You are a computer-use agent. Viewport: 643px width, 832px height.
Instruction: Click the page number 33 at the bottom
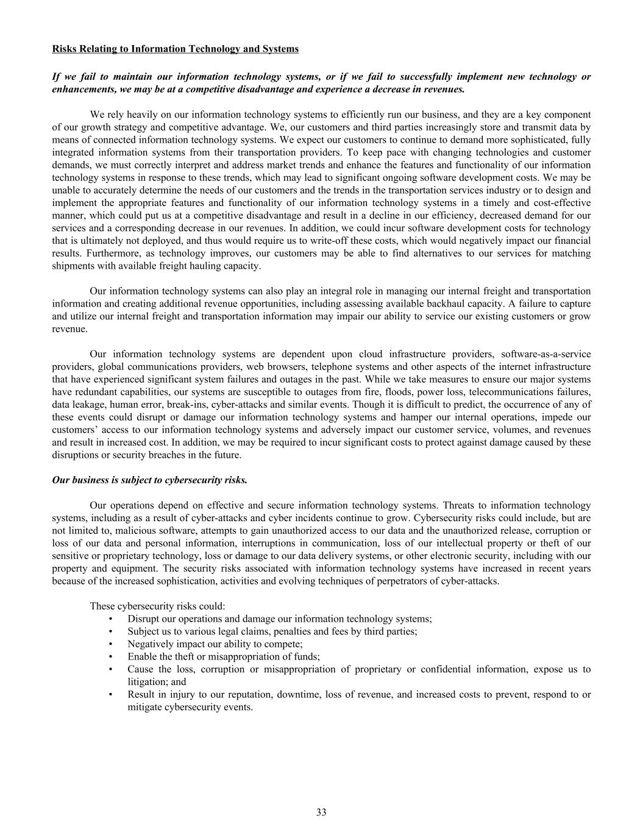click(x=321, y=812)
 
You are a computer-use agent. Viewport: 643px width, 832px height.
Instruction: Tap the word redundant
click(x=90, y=392)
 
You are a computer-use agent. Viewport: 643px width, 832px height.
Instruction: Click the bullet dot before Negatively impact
click(x=110, y=644)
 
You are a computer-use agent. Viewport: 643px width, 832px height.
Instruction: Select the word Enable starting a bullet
click(x=141, y=656)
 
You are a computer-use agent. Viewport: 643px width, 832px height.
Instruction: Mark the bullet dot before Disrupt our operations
click(x=110, y=619)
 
